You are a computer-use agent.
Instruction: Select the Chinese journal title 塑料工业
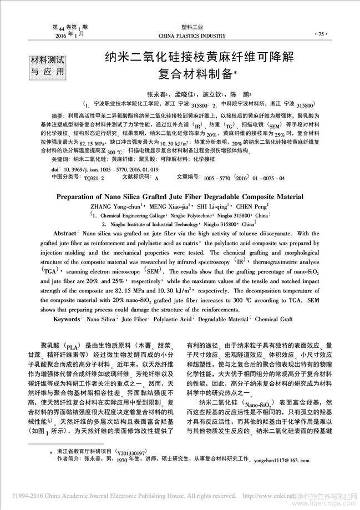click(192, 27)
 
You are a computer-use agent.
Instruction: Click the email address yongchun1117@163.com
click(283, 461)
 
